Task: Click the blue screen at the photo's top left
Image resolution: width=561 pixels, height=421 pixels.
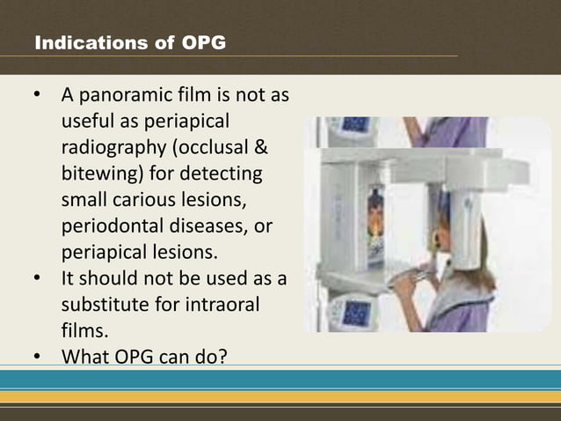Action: (x=355, y=126)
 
